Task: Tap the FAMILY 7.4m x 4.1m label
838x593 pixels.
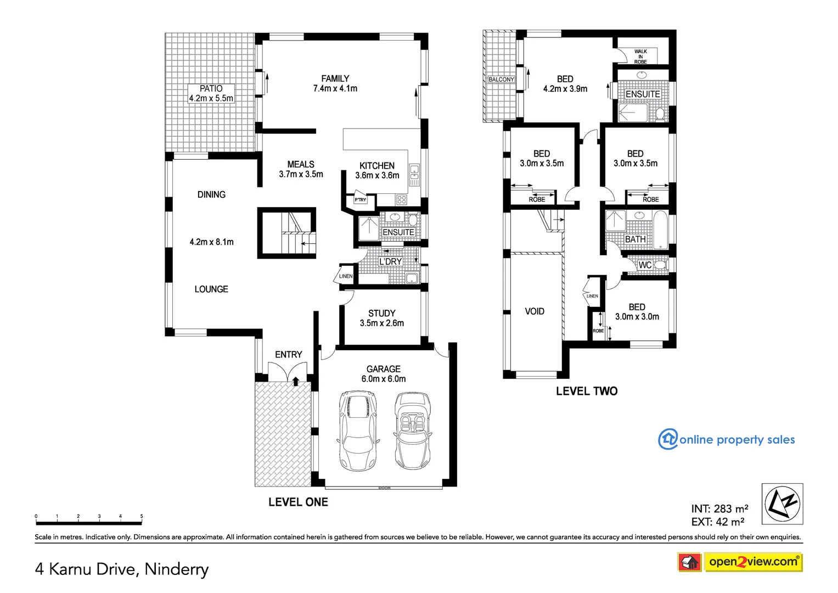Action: [335, 83]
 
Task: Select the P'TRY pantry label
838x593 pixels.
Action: [360, 200]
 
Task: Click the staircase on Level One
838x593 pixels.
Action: [288, 232]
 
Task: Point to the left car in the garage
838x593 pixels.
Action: [358, 430]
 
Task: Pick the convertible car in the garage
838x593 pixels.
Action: [413, 430]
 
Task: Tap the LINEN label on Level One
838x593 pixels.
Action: [345, 276]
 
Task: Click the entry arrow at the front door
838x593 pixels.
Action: [295, 381]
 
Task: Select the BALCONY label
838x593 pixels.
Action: [501, 80]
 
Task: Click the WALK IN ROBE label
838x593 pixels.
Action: [640, 57]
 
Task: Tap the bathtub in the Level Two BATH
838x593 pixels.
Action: [661, 230]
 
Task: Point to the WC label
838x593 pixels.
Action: [645, 265]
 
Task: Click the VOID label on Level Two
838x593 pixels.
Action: [534, 311]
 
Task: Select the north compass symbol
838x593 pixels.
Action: [782, 504]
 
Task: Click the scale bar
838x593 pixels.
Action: [88, 521]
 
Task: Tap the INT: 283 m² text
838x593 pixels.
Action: [719, 509]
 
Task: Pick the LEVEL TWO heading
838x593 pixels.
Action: [586, 391]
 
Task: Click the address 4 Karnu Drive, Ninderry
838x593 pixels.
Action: [122, 569]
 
